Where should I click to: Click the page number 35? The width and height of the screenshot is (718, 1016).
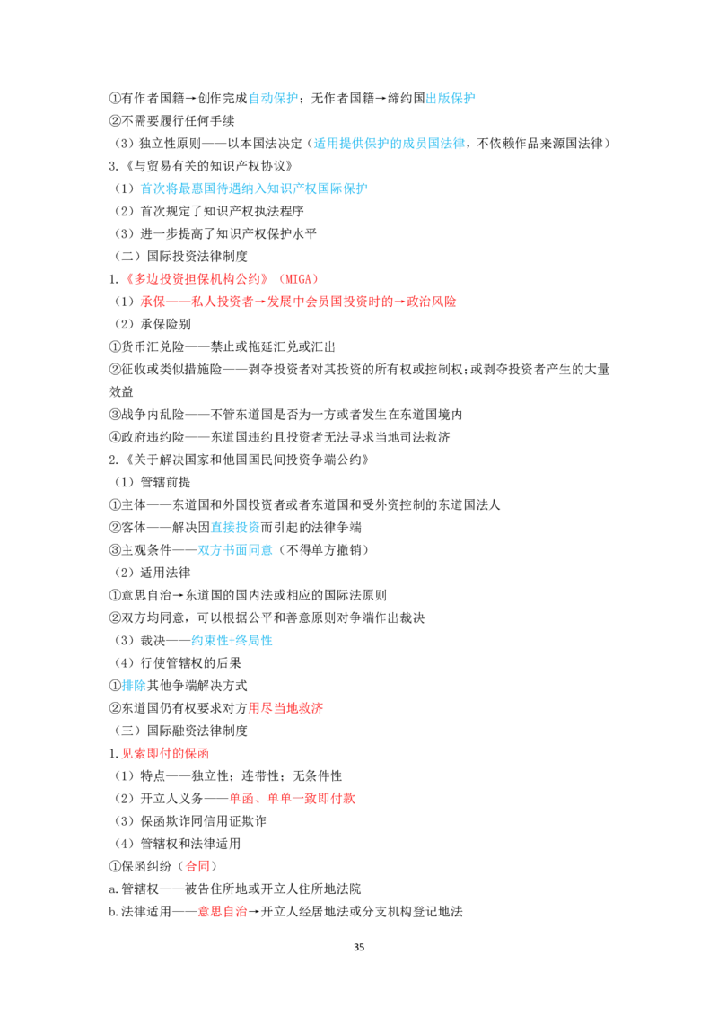click(359, 947)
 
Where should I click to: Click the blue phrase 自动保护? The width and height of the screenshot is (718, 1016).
click(274, 98)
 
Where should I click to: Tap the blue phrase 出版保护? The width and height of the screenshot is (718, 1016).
click(451, 98)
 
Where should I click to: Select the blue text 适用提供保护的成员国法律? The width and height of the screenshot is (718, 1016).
click(390, 144)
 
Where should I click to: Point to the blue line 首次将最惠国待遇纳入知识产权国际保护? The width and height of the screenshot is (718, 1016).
click(254, 188)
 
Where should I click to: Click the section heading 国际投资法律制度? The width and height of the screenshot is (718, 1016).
click(197, 256)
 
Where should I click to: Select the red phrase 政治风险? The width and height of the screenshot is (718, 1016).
click(432, 302)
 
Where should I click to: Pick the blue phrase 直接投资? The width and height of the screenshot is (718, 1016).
click(235, 528)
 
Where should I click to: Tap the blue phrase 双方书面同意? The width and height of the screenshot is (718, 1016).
click(235, 550)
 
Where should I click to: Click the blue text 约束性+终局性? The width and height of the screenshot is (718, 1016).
click(232, 640)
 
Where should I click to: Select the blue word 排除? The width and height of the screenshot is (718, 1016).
click(134, 686)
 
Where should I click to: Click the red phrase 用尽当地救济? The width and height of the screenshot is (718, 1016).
click(285, 708)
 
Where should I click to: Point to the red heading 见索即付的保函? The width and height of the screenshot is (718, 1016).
click(165, 754)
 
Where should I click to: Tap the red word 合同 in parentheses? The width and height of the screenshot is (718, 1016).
click(197, 866)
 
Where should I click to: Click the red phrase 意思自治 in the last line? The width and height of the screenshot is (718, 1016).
click(223, 912)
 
